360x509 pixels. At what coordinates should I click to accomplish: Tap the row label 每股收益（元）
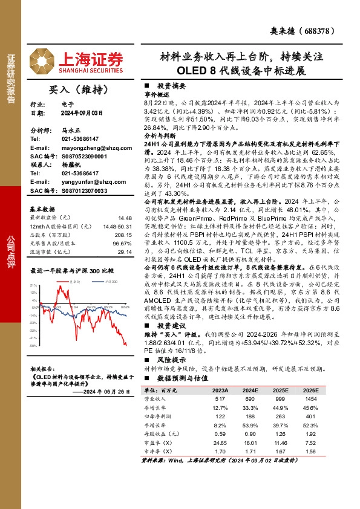coord(160,434)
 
